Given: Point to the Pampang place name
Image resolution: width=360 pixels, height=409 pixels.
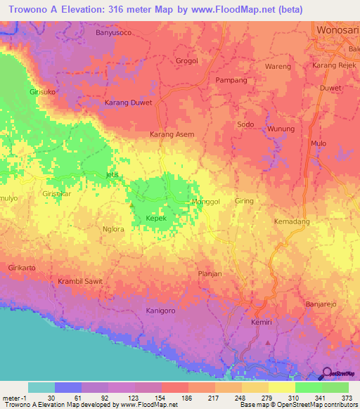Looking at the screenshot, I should pos(231,80).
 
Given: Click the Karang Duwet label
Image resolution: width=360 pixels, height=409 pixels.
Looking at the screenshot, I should pos(128,103).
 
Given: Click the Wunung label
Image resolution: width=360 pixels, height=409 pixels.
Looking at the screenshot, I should pos(281,129).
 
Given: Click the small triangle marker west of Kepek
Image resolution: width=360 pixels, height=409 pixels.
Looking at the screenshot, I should pos(131,205).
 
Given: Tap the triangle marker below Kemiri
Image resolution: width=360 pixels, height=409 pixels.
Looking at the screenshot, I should pos(267,342).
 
